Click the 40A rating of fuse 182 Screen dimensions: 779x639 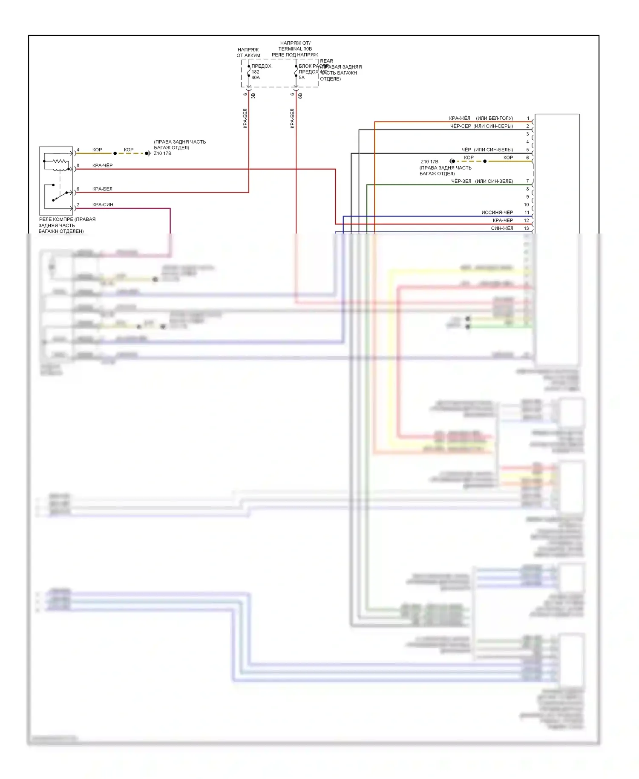256,78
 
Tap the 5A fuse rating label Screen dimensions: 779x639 302,78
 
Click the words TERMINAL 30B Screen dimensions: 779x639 295,49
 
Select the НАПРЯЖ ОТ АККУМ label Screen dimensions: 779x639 248,52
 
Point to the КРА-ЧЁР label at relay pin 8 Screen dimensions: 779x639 102,165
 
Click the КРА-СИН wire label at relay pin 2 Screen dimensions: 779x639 103,205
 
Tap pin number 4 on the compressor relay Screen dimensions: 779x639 78,150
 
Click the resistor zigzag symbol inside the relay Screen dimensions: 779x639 60,162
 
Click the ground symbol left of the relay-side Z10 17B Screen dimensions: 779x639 148,153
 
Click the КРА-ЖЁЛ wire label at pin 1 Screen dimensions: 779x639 460,118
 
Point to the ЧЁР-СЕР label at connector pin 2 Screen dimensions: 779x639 461,126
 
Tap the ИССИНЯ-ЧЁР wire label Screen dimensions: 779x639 497,212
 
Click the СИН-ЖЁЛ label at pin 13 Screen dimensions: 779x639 502,228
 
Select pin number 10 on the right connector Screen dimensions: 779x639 526,205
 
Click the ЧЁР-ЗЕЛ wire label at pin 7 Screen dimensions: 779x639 461,181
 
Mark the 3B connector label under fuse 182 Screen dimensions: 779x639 253,96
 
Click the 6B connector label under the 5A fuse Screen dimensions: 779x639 300,96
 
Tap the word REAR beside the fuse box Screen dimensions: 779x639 327,61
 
